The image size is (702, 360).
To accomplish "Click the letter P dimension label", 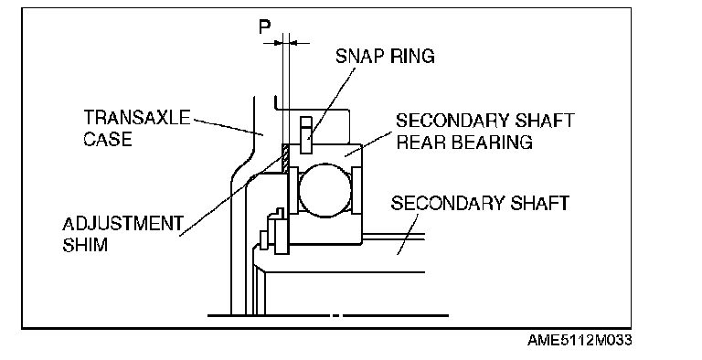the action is coord(264,27).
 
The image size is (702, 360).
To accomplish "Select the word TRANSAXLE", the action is coord(137,117).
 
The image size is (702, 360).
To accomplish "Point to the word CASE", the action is coord(108,138).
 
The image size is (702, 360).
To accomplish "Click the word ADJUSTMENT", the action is coord(123,224).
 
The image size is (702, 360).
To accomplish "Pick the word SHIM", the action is coord(85,245).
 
